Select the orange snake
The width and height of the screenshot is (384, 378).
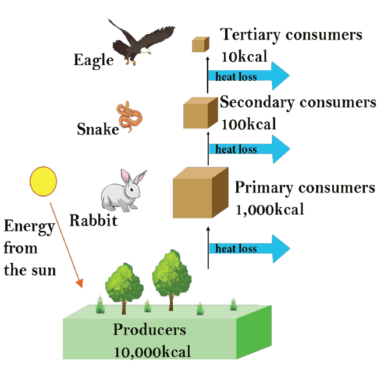(130, 116)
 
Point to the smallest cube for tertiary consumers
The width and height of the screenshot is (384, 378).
(200, 44)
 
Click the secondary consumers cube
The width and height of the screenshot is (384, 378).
(197, 113)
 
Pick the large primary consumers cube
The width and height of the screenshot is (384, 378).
(200, 192)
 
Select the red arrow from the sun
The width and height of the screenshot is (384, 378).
(65, 244)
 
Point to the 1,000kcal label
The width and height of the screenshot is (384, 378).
(269, 209)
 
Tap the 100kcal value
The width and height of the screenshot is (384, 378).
(248, 123)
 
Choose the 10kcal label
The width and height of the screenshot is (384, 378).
(244, 56)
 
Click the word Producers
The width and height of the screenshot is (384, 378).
(150, 330)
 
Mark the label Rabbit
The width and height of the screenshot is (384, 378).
(93, 220)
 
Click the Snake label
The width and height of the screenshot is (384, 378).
(98, 129)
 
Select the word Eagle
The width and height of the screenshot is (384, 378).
(94, 60)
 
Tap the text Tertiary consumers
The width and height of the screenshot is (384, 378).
(291, 35)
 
